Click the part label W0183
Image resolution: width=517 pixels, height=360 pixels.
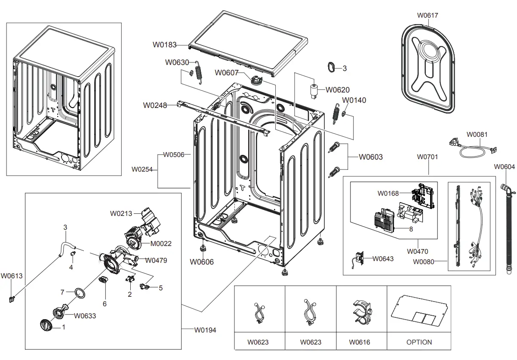point(164,44)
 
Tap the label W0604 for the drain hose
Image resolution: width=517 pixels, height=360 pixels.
point(504,167)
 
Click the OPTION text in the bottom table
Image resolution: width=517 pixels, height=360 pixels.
point(419,342)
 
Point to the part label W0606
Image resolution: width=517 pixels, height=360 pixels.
point(202,262)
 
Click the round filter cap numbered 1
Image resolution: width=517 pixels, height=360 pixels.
point(46,326)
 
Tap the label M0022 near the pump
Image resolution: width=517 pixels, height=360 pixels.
point(161,243)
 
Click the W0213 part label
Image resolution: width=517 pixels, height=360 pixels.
point(122,213)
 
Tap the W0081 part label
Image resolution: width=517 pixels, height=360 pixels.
point(477,135)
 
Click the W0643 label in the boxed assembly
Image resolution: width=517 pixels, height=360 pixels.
point(383,258)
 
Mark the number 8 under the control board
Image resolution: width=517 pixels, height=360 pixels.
point(411,229)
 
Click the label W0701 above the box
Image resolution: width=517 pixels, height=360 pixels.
point(427,157)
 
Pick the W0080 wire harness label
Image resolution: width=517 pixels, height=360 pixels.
point(423,262)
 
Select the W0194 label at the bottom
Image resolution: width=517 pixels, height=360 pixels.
point(205,330)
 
